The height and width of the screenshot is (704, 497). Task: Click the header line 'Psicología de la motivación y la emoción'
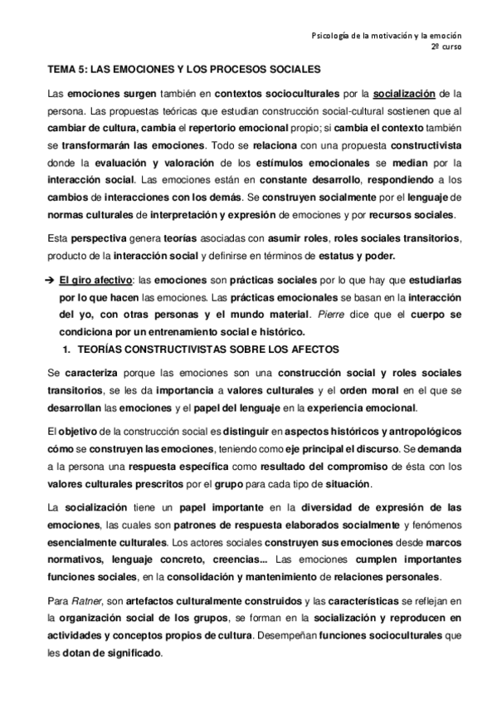click(x=386, y=36)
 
